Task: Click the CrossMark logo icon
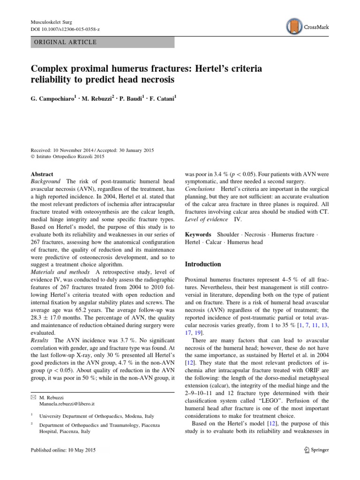coord(293,27)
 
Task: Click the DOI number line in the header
coord(66,29)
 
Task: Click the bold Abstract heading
coord(42,173)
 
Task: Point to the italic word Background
coord(45,181)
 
